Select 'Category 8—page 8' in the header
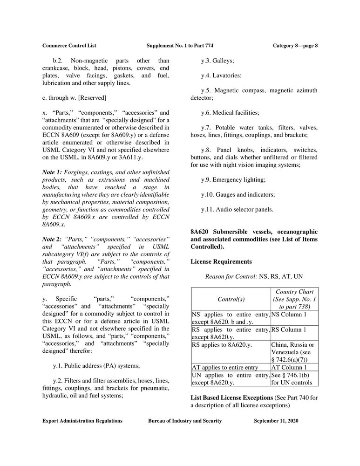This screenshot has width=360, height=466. point(295,45)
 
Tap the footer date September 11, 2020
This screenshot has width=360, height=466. point(276,421)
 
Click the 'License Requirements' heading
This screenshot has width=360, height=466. point(221,261)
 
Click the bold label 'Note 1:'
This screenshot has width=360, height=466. point(52,172)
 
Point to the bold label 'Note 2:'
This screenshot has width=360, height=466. point(52,239)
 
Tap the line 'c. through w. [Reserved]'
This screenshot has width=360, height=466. point(75,98)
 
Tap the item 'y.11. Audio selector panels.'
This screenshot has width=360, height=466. point(237,209)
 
